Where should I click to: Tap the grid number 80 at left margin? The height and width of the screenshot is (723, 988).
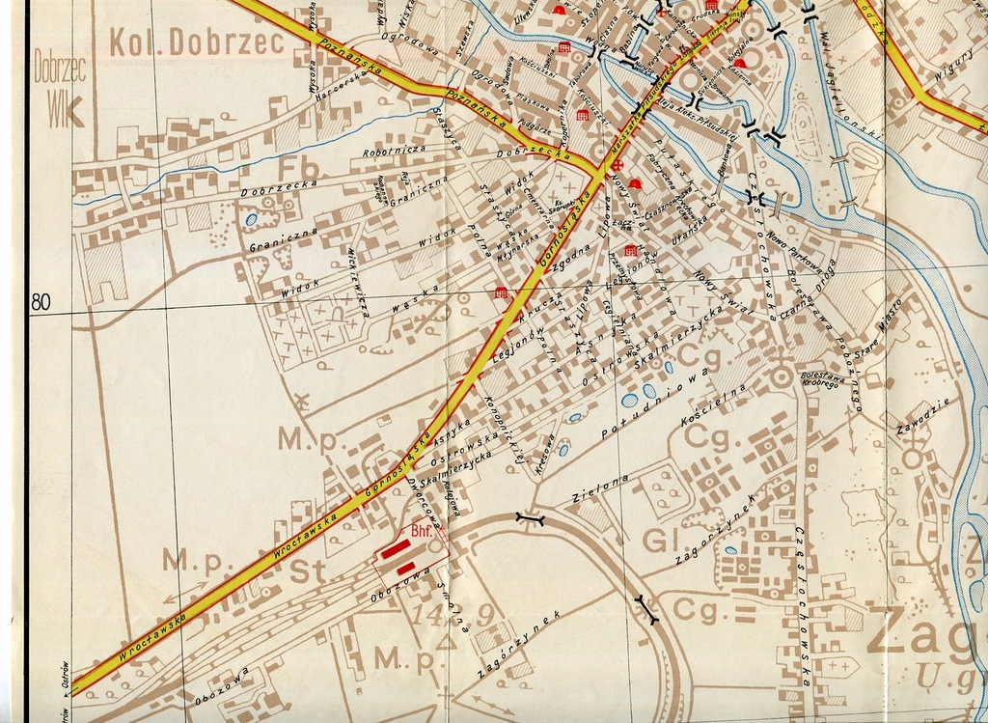[x=41, y=302]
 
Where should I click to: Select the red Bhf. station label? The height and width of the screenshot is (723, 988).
[x=422, y=531]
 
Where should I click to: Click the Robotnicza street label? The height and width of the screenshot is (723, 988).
[x=395, y=152]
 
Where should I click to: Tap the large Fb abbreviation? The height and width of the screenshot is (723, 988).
[x=296, y=167]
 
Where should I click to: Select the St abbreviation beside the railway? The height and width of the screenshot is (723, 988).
[x=309, y=571]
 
